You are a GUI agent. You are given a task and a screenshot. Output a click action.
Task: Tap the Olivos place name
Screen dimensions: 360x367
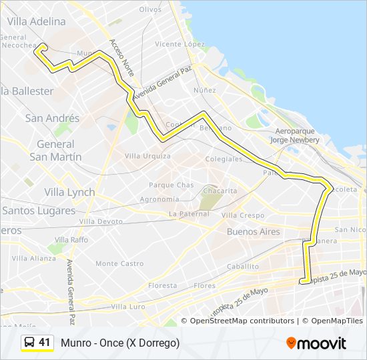click(x=151, y=9)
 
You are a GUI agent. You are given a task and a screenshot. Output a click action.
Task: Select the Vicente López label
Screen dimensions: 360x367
click(x=179, y=44)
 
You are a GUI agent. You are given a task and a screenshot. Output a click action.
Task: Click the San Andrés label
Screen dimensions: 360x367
click(x=52, y=118)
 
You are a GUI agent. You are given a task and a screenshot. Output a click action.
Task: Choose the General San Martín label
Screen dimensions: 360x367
click(x=55, y=150)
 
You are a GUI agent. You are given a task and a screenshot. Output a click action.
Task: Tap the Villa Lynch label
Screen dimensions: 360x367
click(x=69, y=192)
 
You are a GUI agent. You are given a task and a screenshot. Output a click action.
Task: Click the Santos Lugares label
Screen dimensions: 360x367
click(x=39, y=210)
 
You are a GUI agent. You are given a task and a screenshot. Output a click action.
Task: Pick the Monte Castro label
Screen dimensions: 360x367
click(x=119, y=263)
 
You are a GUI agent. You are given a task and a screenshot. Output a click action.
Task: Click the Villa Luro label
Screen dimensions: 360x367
click(x=128, y=307)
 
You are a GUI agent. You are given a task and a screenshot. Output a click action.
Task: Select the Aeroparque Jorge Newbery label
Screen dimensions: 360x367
click(x=295, y=135)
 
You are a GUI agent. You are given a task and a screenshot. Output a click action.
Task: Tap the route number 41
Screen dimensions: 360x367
click(x=45, y=343)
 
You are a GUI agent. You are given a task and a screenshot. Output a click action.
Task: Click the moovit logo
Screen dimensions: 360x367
click(x=316, y=343)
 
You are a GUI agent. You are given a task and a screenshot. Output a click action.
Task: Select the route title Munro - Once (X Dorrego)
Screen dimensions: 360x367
click(x=120, y=343)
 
